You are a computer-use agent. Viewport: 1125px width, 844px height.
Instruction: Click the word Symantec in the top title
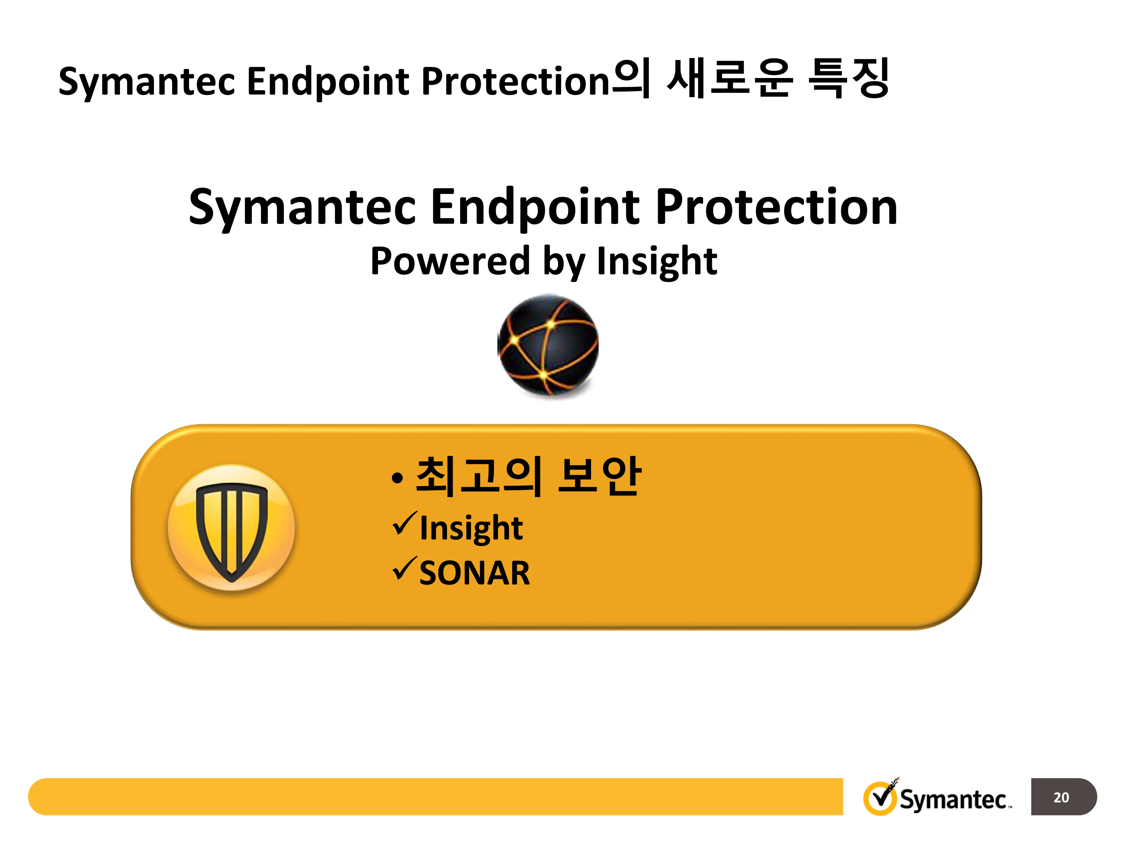(147, 81)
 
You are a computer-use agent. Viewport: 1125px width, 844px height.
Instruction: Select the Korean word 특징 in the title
(849, 78)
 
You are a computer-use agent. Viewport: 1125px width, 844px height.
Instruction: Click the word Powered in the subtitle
(450, 261)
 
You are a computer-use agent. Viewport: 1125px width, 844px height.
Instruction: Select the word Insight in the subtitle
(657, 261)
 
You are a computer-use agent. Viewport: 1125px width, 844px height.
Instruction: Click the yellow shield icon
(231, 527)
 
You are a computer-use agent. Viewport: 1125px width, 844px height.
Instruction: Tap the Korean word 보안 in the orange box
(599, 476)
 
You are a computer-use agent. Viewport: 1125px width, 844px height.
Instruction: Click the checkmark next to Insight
(405, 524)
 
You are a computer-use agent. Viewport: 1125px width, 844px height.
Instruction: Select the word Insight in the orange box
(471, 527)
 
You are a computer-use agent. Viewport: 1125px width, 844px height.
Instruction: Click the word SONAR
(474, 573)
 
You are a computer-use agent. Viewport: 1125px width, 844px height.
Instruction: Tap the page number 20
(1061, 797)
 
